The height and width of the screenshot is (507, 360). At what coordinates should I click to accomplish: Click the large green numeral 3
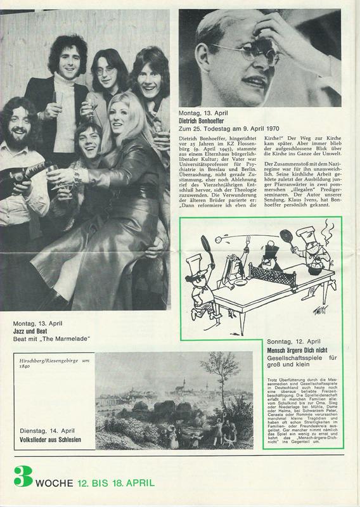click(x=23, y=477)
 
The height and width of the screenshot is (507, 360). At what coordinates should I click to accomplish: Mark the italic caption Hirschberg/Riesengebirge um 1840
click(x=51, y=362)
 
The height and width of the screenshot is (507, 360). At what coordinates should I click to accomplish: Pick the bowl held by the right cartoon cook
click(x=315, y=269)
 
